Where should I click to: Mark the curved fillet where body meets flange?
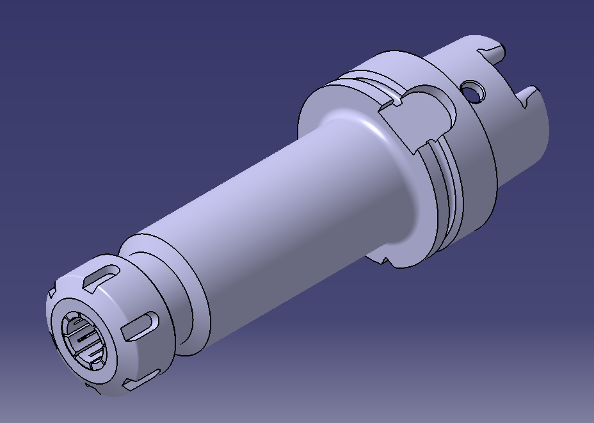pos(358,128)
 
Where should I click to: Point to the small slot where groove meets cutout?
pos(397,101)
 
